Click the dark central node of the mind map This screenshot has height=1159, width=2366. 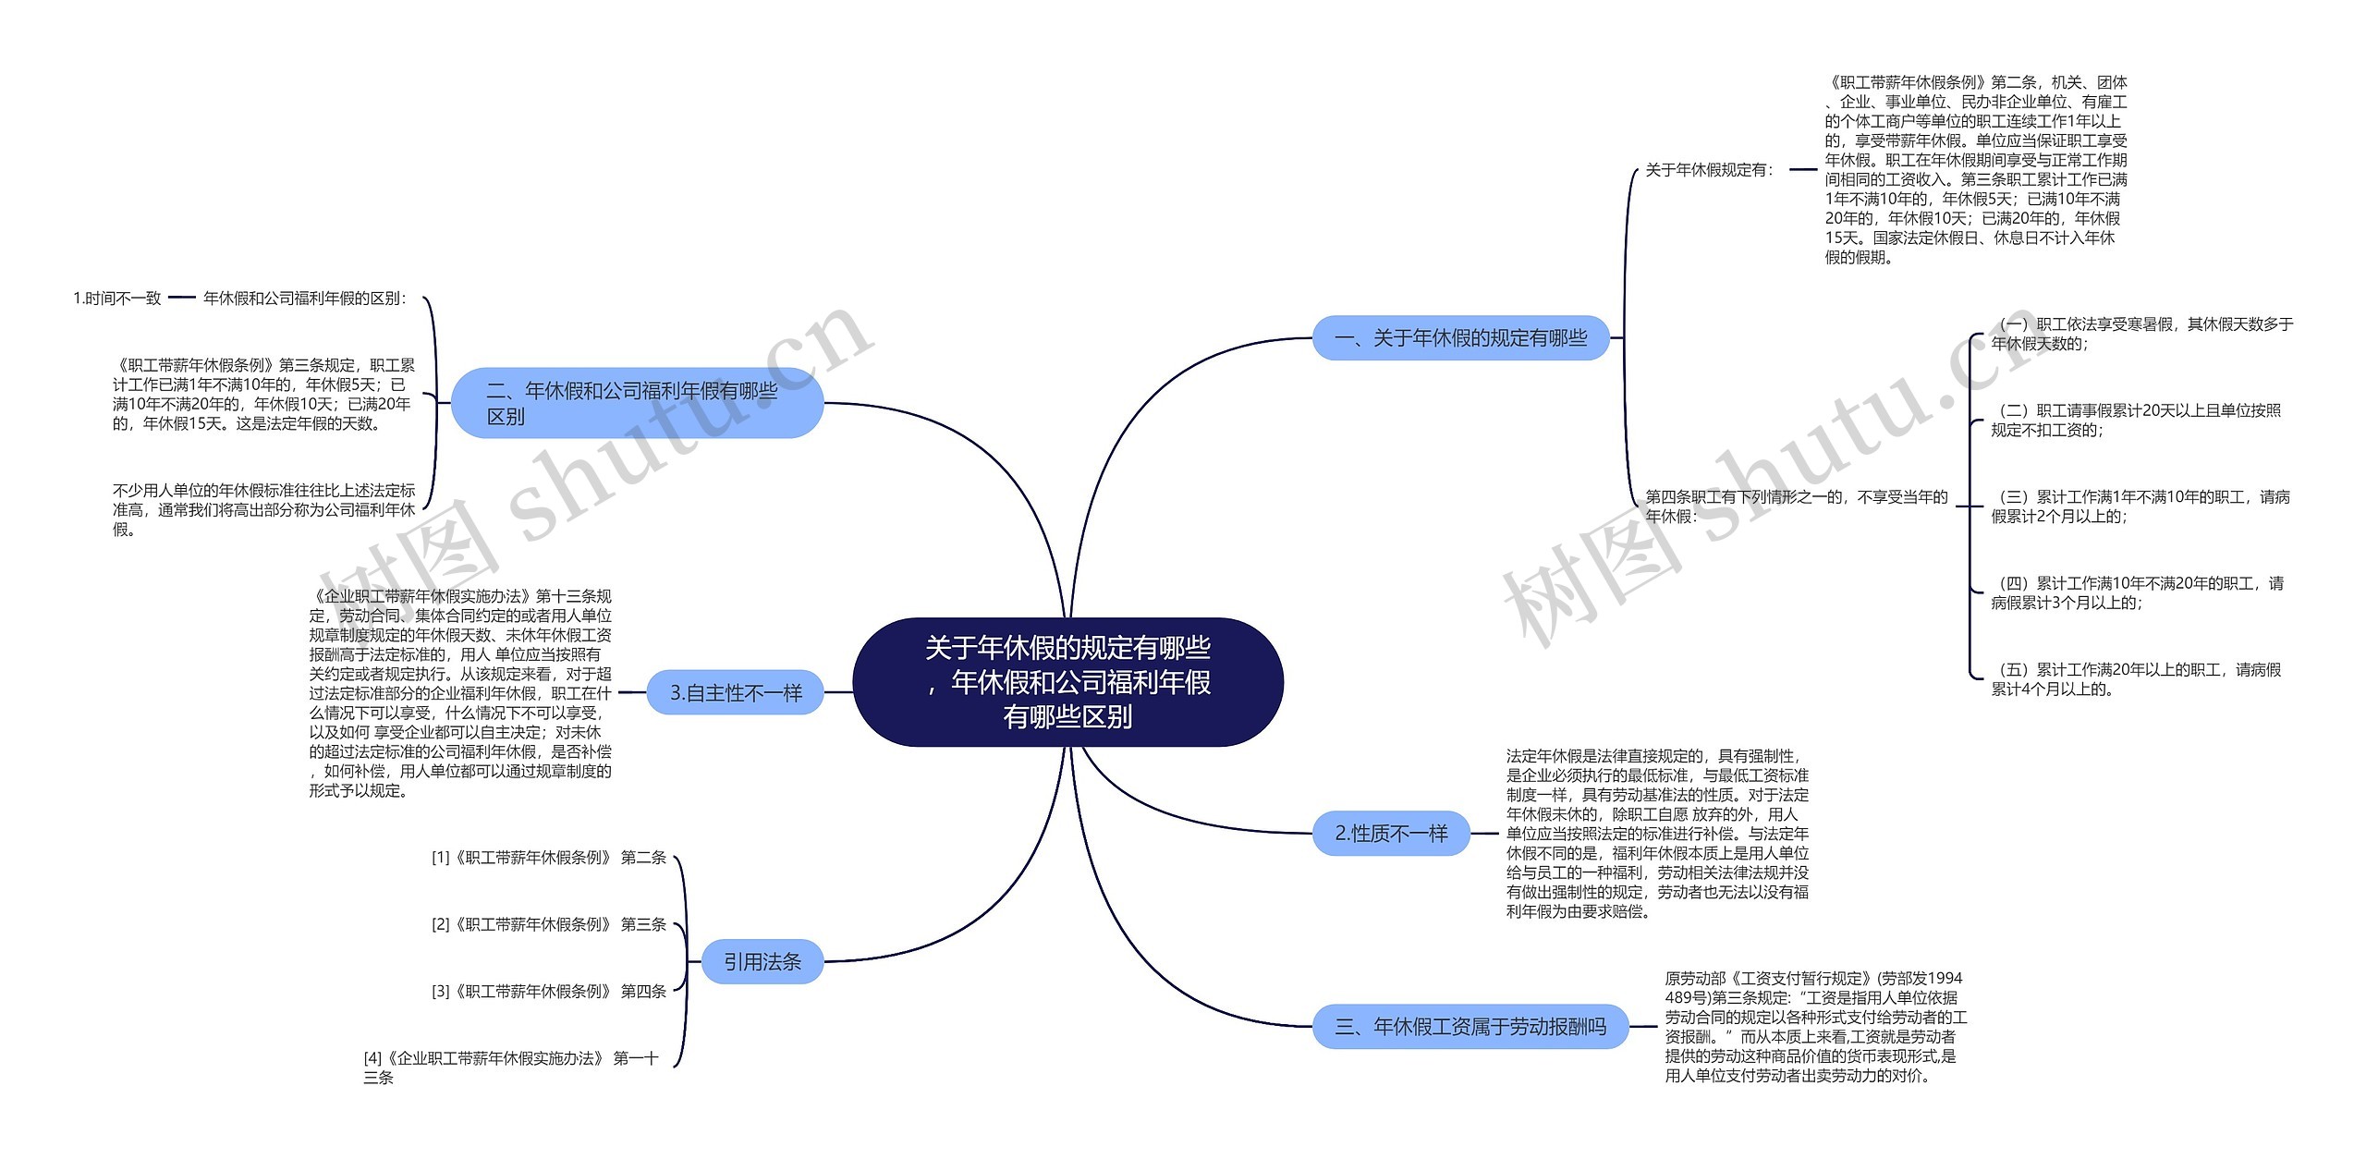point(1067,682)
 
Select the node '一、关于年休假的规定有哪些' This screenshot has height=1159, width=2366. point(1460,338)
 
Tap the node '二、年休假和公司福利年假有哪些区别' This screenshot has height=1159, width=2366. point(637,403)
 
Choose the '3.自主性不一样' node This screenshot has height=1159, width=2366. point(736,692)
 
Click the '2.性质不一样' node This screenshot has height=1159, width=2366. point(1391,834)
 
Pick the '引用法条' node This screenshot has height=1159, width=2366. point(762,962)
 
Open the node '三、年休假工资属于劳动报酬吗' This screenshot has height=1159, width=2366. point(1470,1026)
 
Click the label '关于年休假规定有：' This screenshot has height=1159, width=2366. point(1710,170)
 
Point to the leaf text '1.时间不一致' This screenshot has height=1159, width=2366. point(117,298)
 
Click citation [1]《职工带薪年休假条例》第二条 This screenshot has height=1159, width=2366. point(549,858)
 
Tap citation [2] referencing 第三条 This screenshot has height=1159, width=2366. point(549,924)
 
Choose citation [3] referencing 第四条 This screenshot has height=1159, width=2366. point(549,992)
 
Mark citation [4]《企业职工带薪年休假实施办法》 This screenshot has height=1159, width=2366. point(511,1067)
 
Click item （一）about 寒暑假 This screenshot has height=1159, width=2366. point(2141,334)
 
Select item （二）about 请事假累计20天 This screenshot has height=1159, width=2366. point(2135,420)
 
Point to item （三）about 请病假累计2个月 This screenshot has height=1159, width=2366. point(2140,506)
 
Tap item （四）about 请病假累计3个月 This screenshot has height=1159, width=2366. point(2137,592)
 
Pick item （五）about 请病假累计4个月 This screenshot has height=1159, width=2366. point(2135,679)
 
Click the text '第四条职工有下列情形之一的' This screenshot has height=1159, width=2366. point(1796,506)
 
